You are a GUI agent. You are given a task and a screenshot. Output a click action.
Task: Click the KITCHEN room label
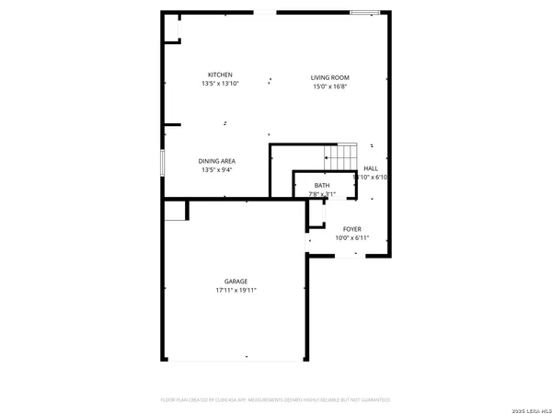coord(219,75)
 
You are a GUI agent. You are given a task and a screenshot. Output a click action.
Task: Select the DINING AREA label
coord(217,161)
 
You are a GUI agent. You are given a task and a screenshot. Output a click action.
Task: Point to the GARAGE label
coord(236,282)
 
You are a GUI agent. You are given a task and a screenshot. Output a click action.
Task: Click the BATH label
coord(321,186)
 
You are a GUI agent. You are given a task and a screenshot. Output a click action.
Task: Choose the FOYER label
coord(352,229)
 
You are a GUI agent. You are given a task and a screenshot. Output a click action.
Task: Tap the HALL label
coord(371,168)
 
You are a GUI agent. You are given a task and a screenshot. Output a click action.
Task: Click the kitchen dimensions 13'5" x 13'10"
coord(219,84)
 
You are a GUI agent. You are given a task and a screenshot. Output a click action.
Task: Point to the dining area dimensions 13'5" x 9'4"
coord(217,170)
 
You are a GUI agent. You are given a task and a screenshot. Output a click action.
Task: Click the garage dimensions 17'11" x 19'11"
coord(236,291)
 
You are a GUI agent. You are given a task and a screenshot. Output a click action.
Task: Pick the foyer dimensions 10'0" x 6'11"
coord(352,238)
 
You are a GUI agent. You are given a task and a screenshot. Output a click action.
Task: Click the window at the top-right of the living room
coord(363,12)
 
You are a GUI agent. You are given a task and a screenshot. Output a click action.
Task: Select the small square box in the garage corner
coord(175,212)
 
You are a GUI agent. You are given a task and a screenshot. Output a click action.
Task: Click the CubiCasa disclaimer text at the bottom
coord(276,400)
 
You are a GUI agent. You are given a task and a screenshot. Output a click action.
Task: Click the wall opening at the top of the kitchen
coord(265,12)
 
